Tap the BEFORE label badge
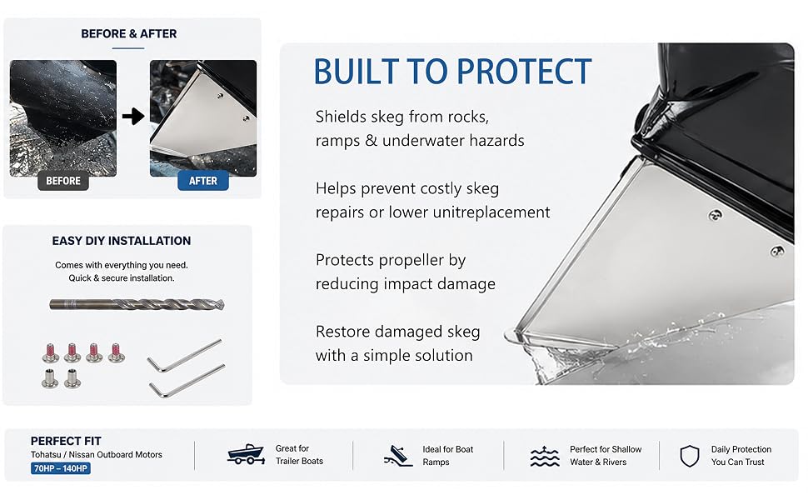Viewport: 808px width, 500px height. [x=62, y=181]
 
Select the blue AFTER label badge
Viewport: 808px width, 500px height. [x=203, y=181]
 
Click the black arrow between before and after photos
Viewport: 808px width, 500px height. [x=133, y=117]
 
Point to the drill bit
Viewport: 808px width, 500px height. [x=137, y=304]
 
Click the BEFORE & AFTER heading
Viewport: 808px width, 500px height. [x=129, y=34]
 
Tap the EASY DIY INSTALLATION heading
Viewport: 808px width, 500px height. [x=122, y=241]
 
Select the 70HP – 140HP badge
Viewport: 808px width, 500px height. [x=61, y=468]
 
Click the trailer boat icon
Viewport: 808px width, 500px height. [x=246, y=454]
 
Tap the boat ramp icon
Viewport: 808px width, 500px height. [x=398, y=456]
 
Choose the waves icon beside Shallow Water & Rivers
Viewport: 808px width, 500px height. [x=545, y=456]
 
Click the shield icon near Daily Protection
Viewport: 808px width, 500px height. [x=690, y=456]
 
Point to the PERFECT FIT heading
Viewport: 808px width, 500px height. [x=66, y=441]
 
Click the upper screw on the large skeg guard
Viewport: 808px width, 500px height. [x=716, y=215]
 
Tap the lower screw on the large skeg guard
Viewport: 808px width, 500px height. [x=776, y=252]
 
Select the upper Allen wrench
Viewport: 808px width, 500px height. [x=184, y=355]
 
